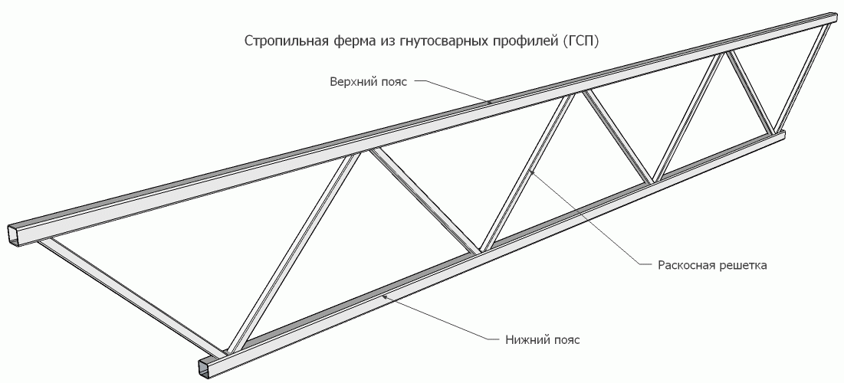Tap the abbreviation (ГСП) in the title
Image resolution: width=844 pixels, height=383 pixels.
pyautogui.click(x=580, y=40)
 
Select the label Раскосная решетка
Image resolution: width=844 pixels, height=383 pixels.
pyautogui.click(x=712, y=266)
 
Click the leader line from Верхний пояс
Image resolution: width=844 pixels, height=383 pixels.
pyautogui.click(x=452, y=89)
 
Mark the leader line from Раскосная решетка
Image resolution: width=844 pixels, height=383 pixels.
pyautogui.click(x=590, y=222)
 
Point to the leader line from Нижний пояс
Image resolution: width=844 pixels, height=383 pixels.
pyautogui.click(x=437, y=318)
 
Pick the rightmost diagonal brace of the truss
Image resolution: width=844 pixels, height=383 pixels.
pyautogui.click(x=801, y=77)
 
